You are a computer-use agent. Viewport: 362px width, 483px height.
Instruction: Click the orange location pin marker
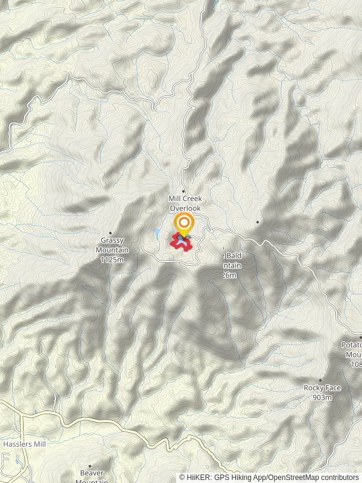tap(183, 223)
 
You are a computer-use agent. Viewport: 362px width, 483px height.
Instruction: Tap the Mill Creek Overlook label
tap(184, 203)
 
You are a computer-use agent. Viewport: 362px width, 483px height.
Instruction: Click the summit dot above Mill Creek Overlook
tap(183, 191)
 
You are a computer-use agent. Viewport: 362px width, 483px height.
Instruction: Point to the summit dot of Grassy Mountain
tap(110, 233)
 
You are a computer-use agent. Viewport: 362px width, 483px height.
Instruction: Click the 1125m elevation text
tap(112, 260)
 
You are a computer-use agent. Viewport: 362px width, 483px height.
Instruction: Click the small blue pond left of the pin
tap(156, 233)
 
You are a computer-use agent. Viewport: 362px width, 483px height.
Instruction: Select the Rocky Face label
tap(322, 388)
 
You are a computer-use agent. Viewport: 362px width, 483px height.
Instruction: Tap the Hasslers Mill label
tap(24, 444)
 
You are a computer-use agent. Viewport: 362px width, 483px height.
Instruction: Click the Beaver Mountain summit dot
tap(91, 465)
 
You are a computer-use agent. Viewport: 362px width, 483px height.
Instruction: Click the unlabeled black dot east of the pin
tap(258, 222)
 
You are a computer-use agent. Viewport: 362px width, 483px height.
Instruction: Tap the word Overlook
tap(184, 208)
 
